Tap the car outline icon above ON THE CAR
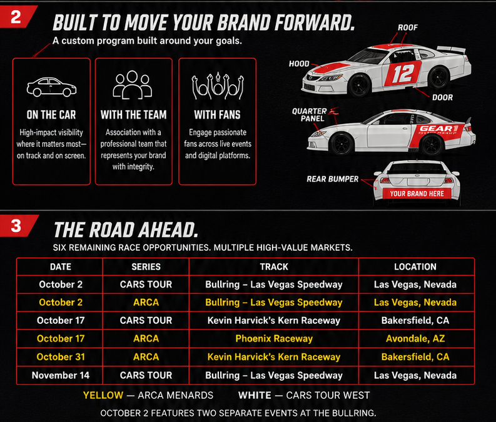coord(51,87)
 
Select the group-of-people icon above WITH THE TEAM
coord(133,84)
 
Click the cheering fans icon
coord(218,86)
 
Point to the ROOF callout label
coord(408,28)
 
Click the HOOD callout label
coord(299,64)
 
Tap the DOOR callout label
coord(443,98)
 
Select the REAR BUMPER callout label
coord(333,179)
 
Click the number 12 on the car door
coord(403,74)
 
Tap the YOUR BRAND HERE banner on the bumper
coord(417,194)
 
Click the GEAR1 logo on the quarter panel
coord(438,129)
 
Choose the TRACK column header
coord(274,267)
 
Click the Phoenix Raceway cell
coord(274,339)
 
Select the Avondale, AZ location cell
coord(415,339)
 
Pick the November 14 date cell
coord(61,375)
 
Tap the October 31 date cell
coord(61,357)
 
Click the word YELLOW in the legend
coord(103,395)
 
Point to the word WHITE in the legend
coord(255,395)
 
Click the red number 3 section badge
coord(17,226)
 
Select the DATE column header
coord(61,267)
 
